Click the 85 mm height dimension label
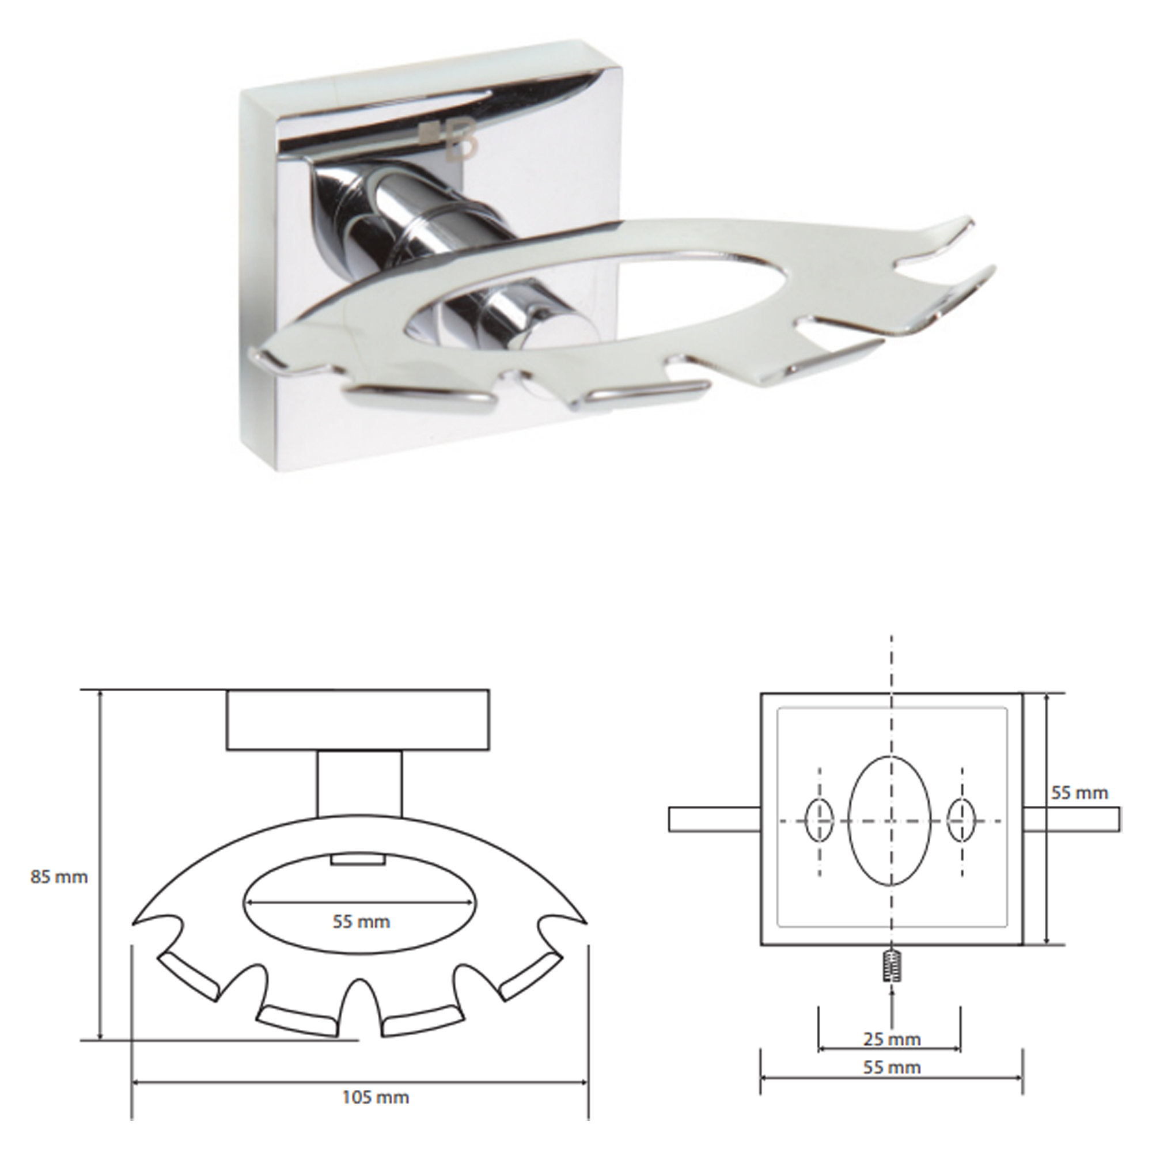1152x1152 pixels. (59, 877)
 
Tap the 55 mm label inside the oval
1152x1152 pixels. (361, 921)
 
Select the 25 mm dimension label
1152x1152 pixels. (892, 1039)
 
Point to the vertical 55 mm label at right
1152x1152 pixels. (1079, 793)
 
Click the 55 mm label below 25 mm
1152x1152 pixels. (892, 1067)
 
